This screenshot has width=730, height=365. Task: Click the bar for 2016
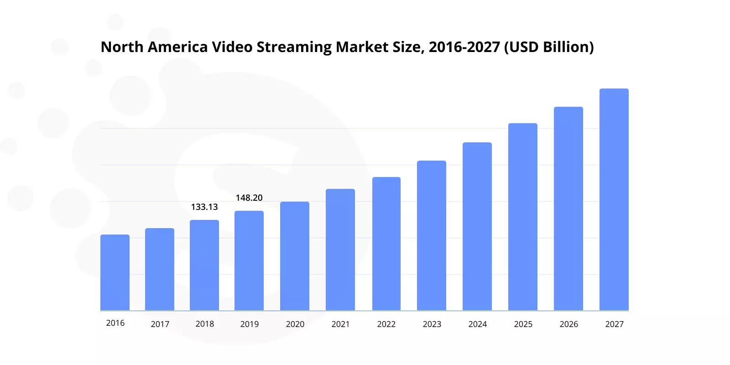(x=115, y=273)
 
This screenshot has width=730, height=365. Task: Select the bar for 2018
(x=204, y=266)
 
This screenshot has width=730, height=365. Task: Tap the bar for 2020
(x=295, y=256)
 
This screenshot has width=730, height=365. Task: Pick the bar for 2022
(x=386, y=244)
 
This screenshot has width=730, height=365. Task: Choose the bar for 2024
(x=477, y=227)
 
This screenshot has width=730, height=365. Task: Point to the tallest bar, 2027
(x=614, y=200)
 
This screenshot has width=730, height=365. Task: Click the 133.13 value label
(x=204, y=207)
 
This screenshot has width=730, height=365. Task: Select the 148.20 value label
(x=249, y=198)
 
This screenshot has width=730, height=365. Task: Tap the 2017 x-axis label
(x=160, y=324)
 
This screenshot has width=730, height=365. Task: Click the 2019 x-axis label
(x=250, y=324)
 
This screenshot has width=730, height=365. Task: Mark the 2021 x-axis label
(x=340, y=324)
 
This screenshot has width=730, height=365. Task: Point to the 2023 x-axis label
(x=432, y=324)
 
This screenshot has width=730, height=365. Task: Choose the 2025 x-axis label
(x=523, y=324)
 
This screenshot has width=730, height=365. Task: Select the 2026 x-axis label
(x=568, y=324)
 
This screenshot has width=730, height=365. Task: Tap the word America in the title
(x=177, y=47)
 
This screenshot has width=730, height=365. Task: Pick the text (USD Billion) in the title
(x=549, y=47)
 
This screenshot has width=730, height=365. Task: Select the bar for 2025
(x=523, y=217)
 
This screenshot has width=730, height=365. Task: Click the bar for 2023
(x=432, y=236)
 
